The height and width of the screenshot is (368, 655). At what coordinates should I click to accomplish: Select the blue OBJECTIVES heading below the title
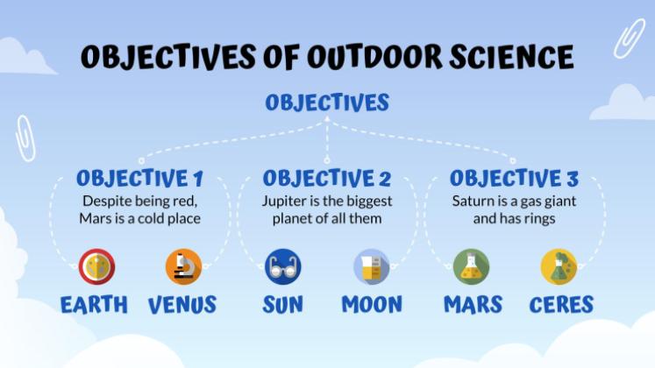[327, 103]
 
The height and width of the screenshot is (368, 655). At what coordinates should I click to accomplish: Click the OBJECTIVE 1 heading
[139, 179]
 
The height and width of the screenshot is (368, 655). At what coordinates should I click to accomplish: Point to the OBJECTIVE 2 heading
[327, 179]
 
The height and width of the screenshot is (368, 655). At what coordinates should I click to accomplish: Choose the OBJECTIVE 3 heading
[514, 179]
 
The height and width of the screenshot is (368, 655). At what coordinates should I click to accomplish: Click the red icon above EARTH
[96, 266]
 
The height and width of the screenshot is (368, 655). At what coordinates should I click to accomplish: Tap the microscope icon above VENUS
[183, 266]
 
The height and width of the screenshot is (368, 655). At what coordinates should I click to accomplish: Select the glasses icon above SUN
[283, 266]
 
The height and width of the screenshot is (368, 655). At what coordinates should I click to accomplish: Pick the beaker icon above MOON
[371, 266]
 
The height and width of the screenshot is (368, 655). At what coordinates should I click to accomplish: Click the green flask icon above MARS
[472, 266]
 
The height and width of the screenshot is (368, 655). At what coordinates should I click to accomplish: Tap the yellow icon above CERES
[559, 266]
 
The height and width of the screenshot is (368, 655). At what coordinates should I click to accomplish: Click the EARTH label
[94, 305]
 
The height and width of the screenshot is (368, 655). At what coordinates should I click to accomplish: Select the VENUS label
[182, 305]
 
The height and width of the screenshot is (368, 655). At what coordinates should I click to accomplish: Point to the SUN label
[283, 305]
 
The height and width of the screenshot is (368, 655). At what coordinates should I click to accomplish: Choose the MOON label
[372, 305]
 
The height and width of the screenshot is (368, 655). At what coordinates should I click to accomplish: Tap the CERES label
[561, 305]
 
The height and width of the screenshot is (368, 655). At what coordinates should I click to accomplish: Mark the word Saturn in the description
[473, 202]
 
